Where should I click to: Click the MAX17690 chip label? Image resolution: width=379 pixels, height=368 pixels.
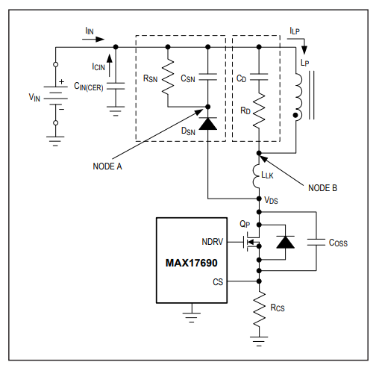pos(191,263)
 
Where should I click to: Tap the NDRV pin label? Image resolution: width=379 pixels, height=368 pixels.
pos(213,242)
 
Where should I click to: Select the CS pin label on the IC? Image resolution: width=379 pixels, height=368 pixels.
pos(218,282)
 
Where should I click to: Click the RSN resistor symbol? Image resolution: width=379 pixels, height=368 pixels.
pos(168,76)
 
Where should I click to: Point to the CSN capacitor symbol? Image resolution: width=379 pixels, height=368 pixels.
pos(208,77)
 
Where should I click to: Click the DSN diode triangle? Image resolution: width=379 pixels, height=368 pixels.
pos(208,123)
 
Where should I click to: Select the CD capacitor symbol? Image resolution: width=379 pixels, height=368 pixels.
pos(259,77)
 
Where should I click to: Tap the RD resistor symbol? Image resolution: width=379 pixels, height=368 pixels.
pos(259,110)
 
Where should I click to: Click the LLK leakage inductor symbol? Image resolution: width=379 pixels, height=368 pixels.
pos(257,176)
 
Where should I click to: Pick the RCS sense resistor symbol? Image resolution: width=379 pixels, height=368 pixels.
pos(259,309)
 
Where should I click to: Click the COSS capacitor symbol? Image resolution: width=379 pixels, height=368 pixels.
pos(316,242)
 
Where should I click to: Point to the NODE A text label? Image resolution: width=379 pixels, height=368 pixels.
pos(107,166)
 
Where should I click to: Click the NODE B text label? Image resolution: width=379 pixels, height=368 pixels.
pos(322,188)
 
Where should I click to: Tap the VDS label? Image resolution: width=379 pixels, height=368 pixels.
pos(271,200)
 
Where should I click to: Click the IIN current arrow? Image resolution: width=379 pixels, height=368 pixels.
pos(93,39)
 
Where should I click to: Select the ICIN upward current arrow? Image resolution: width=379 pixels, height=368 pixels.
pos(109,66)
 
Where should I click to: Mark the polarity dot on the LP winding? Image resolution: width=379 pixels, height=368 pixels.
pos(295,115)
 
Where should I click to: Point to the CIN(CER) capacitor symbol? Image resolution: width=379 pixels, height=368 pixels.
pos(116,86)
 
